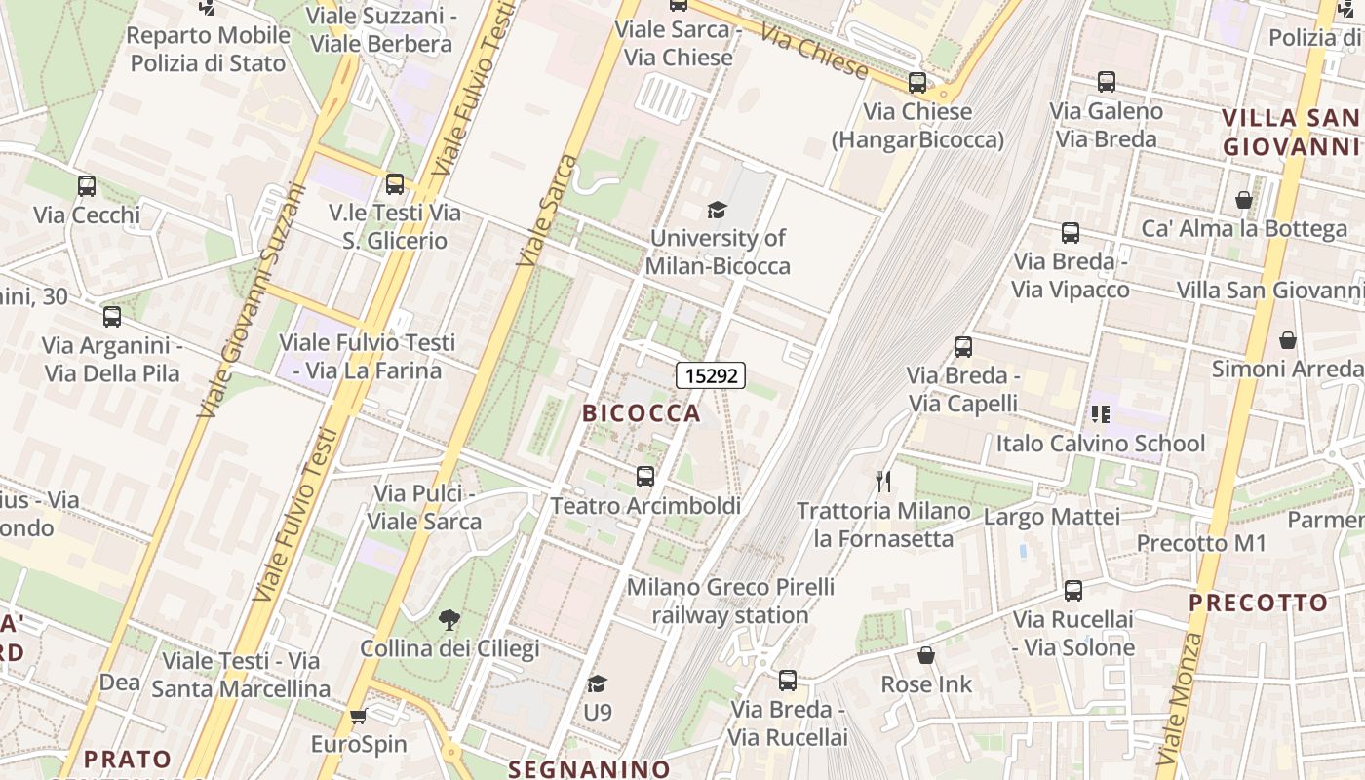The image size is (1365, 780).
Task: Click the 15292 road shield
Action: (x=711, y=375)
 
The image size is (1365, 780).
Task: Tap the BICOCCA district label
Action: (x=642, y=412)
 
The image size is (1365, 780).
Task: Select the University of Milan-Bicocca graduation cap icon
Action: (x=717, y=210)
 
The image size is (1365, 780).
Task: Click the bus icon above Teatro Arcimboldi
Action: (x=644, y=477)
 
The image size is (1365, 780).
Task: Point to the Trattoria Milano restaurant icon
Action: (x=883, y=481)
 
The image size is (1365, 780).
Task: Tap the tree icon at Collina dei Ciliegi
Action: (x=449, y=619)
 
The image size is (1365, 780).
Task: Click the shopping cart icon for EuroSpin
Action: (x=358, y=716)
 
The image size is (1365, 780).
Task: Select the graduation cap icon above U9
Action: (x=597, y=683)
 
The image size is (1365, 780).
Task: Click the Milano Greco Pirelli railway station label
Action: (x=730, y=601)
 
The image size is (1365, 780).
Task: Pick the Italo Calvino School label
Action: (x=1101, y=444)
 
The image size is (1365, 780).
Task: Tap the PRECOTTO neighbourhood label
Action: (x=1258, y=603)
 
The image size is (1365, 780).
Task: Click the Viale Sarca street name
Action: (x=542, y=211)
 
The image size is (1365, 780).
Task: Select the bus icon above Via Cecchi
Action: (x=87, y=185)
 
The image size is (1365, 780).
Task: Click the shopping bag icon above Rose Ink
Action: (x=926, y=655)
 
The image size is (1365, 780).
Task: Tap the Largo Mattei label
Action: (x=1052, y=517)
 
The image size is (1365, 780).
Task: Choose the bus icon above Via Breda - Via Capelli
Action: (x=963, y=346)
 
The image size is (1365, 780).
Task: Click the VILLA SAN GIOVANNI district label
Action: (x=1291, y=133)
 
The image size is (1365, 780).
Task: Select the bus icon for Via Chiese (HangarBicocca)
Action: (x=916, y=83)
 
